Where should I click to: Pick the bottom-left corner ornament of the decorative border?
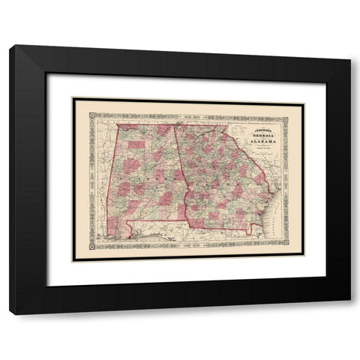coord(92,245)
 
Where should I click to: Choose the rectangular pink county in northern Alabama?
coord(136,145)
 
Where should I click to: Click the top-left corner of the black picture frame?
coord(10,46)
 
